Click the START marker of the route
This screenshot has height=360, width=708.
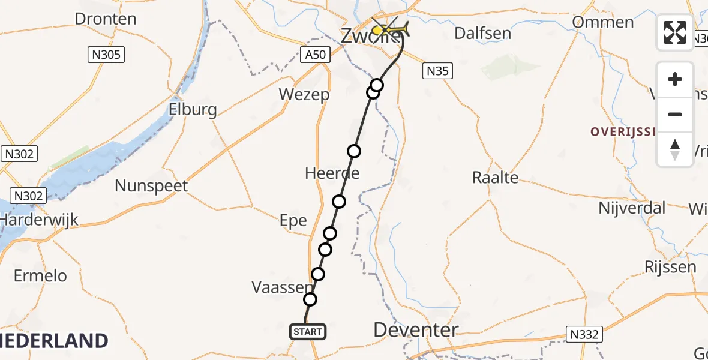click(308, 331)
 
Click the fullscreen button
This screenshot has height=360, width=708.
click(675, 32)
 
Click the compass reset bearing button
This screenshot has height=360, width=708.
click(675, 149)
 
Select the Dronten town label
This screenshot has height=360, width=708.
click(106, 19)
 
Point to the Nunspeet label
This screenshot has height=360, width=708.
click(151, 186)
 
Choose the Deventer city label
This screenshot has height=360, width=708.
click(416, 329)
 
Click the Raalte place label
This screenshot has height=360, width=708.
click(495, 178)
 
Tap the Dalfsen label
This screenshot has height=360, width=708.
click(482, 33)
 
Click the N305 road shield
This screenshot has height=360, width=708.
click(106, 55)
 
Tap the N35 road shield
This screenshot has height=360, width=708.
click(437, 71)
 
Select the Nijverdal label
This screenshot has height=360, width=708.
click(632, 208)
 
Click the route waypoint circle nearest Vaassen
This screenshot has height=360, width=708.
click(310, 299)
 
